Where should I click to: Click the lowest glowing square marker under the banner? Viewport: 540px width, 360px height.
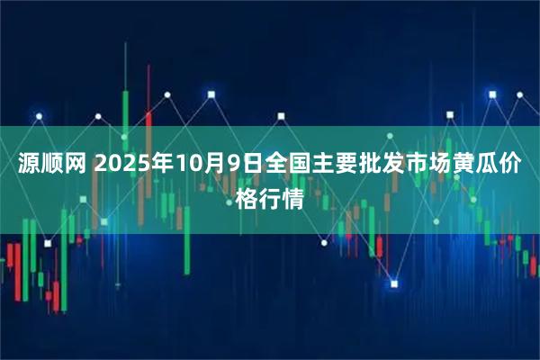tap(394, 284)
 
